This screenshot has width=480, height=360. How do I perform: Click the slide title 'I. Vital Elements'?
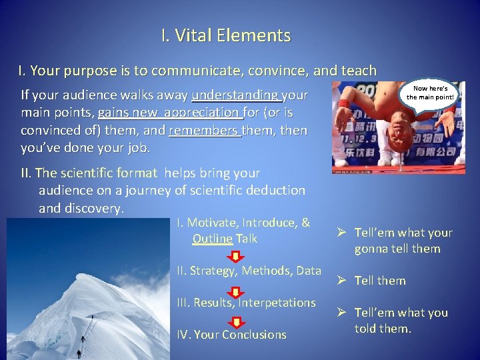(225, 35)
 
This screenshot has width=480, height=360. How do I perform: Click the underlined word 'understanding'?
(235, 95)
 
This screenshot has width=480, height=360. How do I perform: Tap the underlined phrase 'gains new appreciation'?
(169, 113)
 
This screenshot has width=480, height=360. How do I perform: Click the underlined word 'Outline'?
(212, 239)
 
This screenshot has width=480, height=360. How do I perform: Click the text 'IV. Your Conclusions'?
(231, 335)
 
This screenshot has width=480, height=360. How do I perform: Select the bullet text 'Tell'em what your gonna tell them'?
(403, 241)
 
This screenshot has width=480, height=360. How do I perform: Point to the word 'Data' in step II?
(308, 271)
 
